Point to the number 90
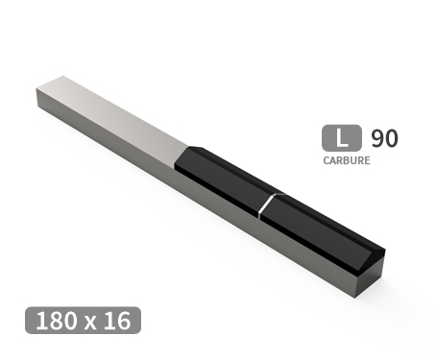click(383, 138)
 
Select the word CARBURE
click(346, 161)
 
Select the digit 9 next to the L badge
click(376, 138)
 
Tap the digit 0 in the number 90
click(390, 138)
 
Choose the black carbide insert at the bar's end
click(322, 227)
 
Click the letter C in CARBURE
click(326, 161)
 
